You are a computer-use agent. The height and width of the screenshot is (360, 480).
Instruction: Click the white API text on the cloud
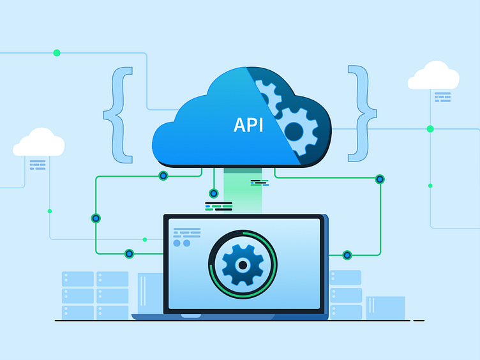(x=248, y=125)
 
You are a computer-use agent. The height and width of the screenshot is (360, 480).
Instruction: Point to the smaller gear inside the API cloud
(x=267, y=96)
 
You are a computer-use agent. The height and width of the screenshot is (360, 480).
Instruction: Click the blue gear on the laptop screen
(x=243, y=264)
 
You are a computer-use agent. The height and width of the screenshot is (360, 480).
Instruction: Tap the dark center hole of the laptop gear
(x=243, y=265)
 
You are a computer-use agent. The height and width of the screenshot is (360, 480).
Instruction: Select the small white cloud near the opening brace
(x=39, y=142)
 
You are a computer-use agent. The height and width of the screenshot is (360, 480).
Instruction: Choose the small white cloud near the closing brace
(x=433, y=75)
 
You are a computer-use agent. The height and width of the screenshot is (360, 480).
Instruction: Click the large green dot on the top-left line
(x=57, y=53)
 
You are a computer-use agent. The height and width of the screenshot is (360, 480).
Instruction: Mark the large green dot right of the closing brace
(x=430, y=129)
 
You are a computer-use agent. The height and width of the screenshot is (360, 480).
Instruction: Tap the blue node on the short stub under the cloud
(x=214, y=193)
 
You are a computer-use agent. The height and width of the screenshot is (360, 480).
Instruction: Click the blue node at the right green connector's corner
(x=380, y=179)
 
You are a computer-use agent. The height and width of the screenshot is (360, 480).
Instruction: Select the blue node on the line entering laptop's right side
(x=347, y=255)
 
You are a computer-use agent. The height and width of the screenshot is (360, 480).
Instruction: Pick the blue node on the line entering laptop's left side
(x=129, y=254)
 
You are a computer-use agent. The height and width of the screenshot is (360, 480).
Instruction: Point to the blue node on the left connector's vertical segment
(x=96, y=218)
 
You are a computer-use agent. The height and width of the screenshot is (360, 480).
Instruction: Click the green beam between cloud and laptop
(x=243, y=190)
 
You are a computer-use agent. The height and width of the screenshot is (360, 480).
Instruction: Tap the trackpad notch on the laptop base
(x=191, y=316)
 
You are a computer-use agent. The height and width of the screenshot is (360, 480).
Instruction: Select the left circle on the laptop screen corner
(x=177, y=243)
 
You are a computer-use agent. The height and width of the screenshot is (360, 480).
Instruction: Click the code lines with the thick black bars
(x=218, y=206)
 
